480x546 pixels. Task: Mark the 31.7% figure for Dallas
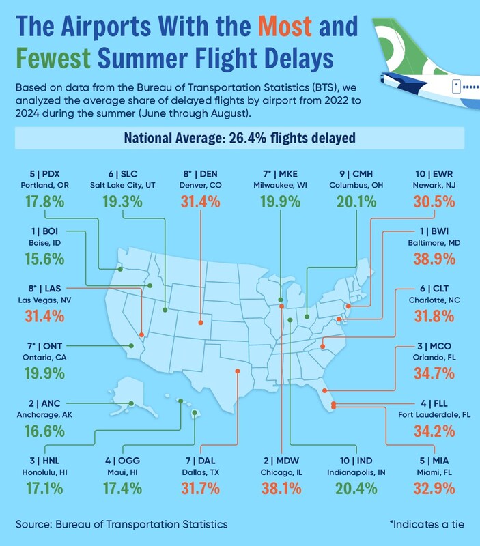(201, 488)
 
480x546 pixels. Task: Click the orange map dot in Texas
(237, 371)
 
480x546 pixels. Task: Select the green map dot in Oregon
(120, 269)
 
